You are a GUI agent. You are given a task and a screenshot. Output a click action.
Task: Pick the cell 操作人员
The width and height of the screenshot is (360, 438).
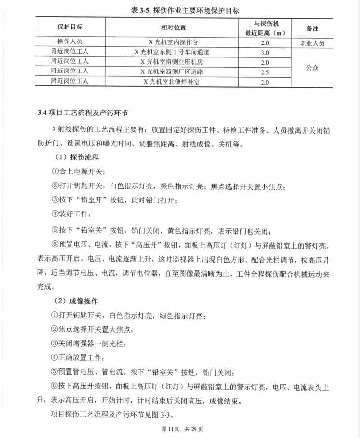pos(70,42)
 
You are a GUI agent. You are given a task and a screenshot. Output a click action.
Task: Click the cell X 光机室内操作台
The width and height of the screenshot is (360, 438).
pos(174,42)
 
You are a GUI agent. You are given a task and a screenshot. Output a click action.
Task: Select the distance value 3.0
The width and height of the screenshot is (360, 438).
pos(265,53)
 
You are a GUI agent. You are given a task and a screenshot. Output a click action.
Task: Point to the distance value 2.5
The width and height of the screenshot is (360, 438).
pos(265,72)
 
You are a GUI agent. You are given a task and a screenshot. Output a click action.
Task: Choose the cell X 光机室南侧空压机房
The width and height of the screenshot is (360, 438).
pos(174,62)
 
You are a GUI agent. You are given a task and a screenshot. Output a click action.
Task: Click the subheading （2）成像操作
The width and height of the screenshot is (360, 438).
pos(77,300)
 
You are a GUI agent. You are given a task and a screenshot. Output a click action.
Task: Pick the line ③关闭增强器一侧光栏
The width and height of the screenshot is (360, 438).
pos(92,344)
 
